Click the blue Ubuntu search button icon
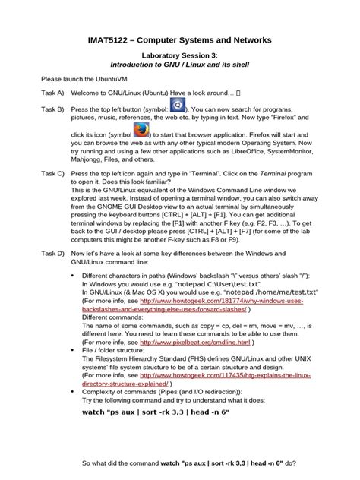click(176, 105)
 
